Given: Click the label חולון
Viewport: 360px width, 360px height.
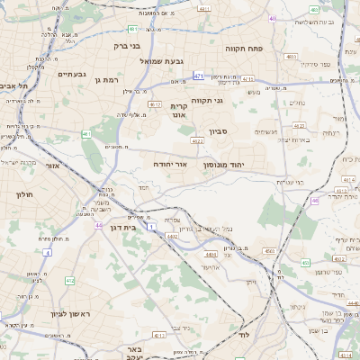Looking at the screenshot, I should click(24, 193).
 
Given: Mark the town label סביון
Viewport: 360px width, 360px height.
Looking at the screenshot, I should click(219, 132).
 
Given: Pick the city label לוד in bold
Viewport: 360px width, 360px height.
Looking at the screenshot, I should click(244, 335).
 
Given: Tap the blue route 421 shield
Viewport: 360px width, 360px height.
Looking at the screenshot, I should click(198, 76).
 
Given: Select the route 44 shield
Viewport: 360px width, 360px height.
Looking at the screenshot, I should click(98, 225).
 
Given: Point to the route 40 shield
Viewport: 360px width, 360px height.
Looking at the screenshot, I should click(272, 17).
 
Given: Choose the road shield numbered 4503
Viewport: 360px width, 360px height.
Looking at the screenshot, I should click(268, 251).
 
